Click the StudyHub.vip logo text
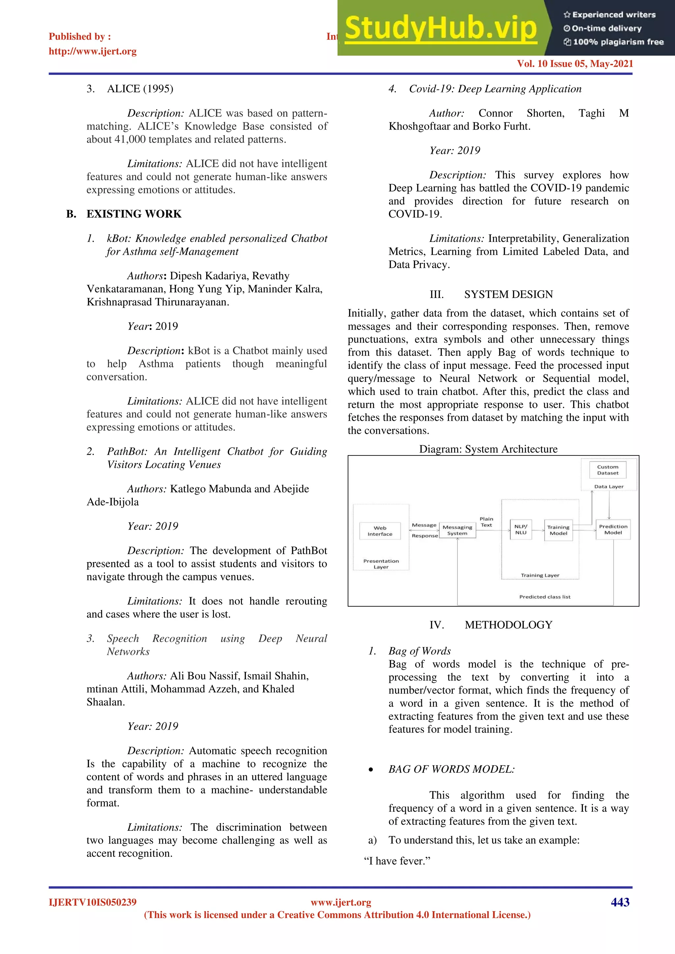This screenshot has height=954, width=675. pos(441,28)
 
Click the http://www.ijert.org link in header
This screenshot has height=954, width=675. pos(92,51)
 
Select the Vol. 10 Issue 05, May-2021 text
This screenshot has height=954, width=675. pos(575,64)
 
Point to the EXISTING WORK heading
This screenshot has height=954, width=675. pos(134,214)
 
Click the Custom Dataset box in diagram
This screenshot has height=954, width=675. pos(608,470)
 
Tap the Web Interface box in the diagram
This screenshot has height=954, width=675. pos(380,531)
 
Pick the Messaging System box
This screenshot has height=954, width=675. pos(457,530)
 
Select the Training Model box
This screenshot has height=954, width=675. pos(558,530)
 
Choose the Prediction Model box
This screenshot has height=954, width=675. pos(613,529)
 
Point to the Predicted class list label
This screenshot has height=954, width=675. pos(544,597)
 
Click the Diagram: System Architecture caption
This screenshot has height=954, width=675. pos(488,449)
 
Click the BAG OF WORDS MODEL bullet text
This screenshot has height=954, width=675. pos(452,769)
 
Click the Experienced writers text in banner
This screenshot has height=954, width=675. pos(613,15)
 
